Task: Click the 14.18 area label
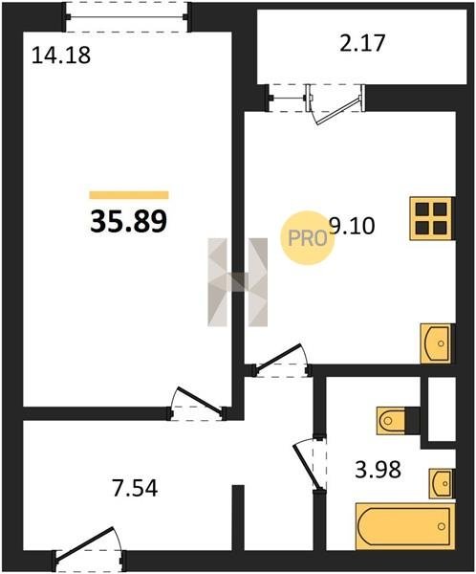[61, 56]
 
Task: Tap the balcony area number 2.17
[362, 43]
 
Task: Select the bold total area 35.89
[128, 222]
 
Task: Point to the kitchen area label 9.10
[352, 226]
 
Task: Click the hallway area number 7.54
[135, 488]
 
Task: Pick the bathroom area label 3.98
[378, 470]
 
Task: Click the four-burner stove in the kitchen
[432, 218]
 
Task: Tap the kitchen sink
[437, 343]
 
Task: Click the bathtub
[405, 526]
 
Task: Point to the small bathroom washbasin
[442, 483]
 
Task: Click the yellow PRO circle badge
[308, 238]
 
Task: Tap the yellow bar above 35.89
[129, 195]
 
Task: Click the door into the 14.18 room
[198, 403]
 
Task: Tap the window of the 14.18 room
[126, 17]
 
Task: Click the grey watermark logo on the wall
[237, 282]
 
